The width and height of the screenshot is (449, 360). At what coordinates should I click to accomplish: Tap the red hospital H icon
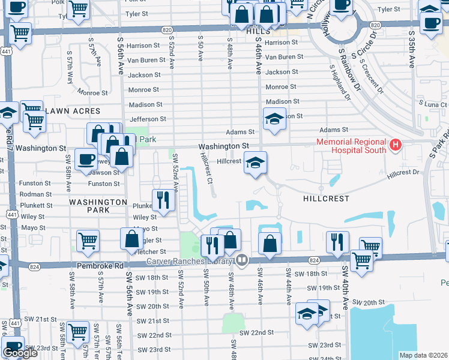coord(396,145)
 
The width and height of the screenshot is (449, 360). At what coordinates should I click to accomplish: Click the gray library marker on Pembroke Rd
coord(241,260)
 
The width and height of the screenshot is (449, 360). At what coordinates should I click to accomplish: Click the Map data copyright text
coord(423,355)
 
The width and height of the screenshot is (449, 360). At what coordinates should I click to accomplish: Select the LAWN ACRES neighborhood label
coord(68,111)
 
